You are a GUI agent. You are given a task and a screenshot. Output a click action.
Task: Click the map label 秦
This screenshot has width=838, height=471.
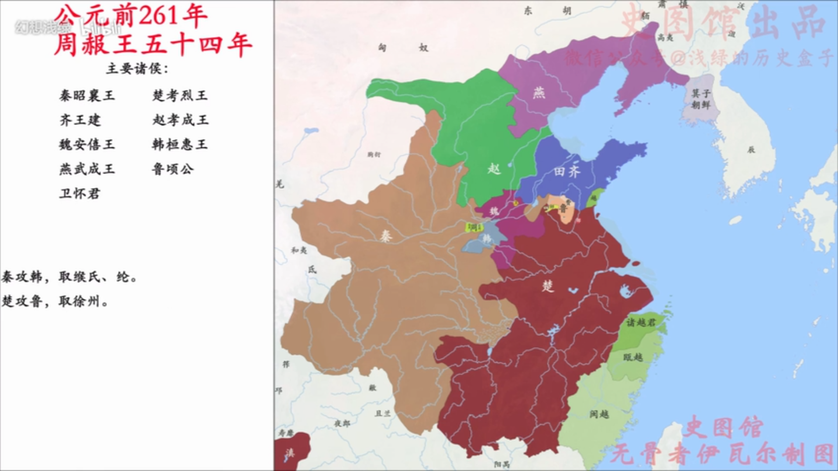click(386, 236)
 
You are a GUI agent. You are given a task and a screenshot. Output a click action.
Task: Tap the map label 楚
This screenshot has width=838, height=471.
click(548, 286)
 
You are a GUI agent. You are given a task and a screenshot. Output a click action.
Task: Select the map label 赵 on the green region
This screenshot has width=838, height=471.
click(494, 168)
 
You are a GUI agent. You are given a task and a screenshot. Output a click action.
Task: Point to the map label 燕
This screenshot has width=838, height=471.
click(539, 92)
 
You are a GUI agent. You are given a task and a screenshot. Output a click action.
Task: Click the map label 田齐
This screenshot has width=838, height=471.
click(567, 171)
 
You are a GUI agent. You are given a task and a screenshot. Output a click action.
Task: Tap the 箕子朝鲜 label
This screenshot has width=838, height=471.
click(701, 99)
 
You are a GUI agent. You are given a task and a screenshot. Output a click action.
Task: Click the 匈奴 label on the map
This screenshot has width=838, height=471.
click(402, 48)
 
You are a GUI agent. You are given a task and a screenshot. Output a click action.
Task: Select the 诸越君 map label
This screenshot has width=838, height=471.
click(641, 322)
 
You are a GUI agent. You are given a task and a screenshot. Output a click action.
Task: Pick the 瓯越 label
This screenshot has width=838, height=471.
click(633, 357)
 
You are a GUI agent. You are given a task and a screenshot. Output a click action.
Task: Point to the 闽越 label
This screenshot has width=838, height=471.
click(599, 414)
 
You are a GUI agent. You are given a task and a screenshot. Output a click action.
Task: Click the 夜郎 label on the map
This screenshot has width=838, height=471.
click(342, 423)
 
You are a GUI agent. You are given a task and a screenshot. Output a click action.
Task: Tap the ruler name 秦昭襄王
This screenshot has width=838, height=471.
click(87, 96)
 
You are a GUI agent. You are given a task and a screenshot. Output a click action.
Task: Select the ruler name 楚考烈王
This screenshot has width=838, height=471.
click(180, 96)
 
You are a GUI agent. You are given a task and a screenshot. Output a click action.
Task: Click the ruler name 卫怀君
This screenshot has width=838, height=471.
click(80, 193)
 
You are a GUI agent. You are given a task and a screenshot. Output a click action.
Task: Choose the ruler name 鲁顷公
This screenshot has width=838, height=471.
click(172, 169)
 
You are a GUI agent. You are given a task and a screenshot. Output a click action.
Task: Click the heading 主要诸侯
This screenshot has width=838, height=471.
click(137, 68)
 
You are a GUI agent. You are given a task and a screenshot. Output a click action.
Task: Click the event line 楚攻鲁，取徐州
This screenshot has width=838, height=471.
click(55, 301)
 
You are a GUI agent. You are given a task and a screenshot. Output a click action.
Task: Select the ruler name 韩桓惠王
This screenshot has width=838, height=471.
click(180, 144)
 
